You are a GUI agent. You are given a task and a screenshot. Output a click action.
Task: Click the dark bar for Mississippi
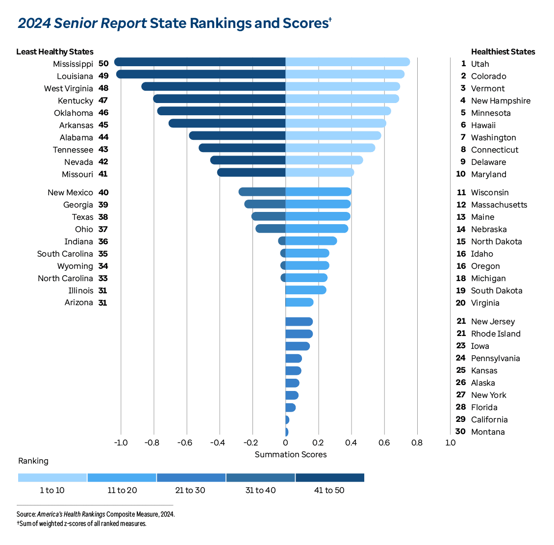pos(200,62)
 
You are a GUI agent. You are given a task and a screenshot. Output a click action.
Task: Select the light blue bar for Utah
pos(348,62)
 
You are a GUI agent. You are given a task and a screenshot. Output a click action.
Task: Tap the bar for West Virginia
pos(213,86)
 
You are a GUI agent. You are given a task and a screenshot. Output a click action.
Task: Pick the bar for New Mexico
pos(262,192)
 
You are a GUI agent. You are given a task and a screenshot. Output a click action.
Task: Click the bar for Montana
pos(287,432)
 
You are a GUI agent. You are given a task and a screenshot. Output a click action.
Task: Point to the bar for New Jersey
pos(299,322)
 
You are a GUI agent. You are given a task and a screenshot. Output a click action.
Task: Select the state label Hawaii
pos(483,125)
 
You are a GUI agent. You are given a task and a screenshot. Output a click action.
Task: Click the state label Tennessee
pos(73,150)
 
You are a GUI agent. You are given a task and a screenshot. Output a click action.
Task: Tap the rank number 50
pos(103,64)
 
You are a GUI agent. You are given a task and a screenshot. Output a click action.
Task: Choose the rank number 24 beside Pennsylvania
pos(460,358)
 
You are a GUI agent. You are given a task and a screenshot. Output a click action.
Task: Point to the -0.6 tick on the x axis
pos(186,443)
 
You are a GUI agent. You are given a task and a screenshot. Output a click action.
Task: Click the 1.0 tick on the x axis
pos(450,443)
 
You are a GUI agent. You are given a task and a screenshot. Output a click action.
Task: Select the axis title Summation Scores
pos(290,455)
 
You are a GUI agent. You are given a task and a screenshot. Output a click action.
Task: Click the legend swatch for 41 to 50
pos(330,478)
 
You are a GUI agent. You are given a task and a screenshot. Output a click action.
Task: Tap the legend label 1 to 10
pos(52,491)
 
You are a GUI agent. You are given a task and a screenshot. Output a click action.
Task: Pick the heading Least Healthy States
pos(54,52)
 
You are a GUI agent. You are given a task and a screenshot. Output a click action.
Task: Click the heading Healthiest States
pos(503,52)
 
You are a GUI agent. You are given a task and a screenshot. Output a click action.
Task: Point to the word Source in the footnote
pos(25,515)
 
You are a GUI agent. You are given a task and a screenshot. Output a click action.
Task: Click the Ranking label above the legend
pos(33,461)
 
